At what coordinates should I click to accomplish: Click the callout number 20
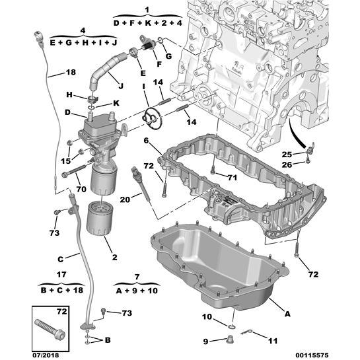pos(125,199)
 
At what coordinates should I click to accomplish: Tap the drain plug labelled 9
pos(230,340)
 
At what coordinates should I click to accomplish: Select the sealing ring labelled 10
pos(232,327)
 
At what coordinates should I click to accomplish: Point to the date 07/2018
pos(45,355)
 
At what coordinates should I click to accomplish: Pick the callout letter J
pos(121,86)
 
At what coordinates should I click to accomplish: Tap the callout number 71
pos(232,178)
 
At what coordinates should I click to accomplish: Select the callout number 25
pos(287,155)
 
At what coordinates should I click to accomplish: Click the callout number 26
pos(287,164)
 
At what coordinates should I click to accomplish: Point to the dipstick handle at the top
pos(39,38)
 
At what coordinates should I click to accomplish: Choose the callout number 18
pos(71,72)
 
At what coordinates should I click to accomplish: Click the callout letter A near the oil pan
pos(287,313)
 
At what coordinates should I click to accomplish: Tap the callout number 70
pos(81,189)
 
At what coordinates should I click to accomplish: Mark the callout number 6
pos(146,140)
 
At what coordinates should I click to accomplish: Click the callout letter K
pos(116,103)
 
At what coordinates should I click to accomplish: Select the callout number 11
pos(273,341)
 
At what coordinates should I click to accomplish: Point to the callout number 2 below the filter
pos(114,258)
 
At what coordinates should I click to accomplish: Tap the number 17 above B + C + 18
pos(61,274)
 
